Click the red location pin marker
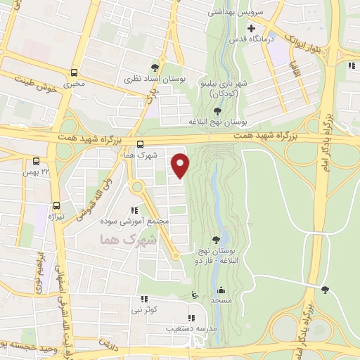coord(181,166)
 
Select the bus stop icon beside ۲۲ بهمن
coord(37,161)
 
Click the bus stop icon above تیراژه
coord(56,205)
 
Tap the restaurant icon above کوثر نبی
coord(143,299)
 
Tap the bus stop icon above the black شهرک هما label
coord(139,144)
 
